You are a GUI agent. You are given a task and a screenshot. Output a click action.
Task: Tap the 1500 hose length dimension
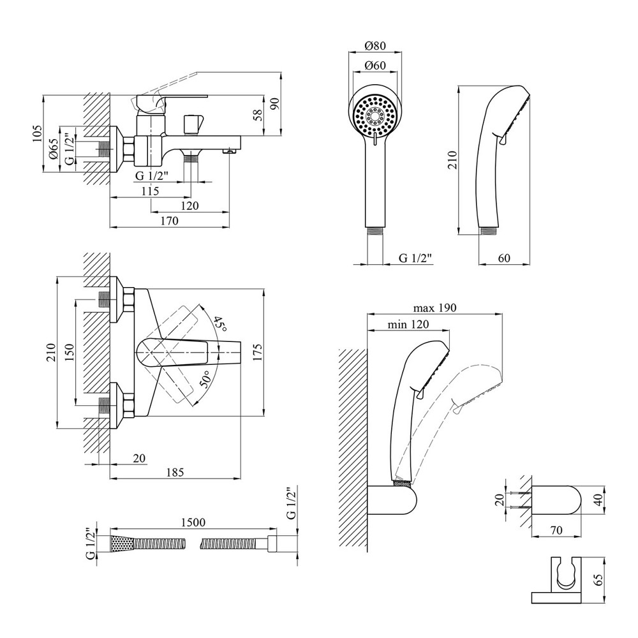192,522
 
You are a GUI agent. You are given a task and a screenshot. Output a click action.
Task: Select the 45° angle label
220,323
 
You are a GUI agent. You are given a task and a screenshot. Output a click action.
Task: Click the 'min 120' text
408,324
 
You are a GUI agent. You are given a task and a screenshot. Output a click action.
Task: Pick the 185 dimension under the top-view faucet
175,473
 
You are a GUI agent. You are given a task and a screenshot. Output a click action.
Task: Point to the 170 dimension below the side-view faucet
169,221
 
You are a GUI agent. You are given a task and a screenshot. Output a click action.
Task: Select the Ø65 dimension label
55,152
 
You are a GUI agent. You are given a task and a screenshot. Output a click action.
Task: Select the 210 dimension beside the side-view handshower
452,158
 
